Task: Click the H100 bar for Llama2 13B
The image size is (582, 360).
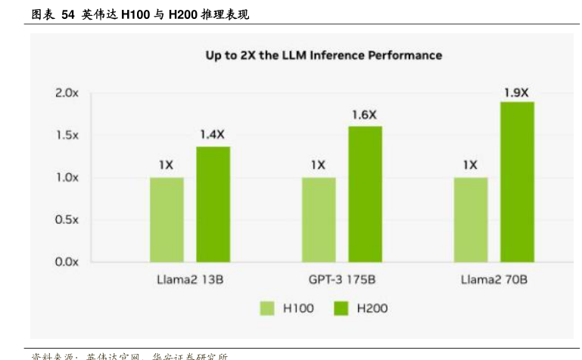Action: pyautogui.click(x=167, y=219)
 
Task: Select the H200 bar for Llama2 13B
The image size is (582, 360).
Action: pyautogui.click(x=213, y=204)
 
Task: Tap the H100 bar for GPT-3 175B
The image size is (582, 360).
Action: pyautogui.click(x=319, y=219)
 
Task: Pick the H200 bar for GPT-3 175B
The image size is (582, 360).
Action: pyautogui.click(x=365, y=194)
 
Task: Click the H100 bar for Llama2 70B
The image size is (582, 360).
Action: pyautogui.click(x=471, y=219)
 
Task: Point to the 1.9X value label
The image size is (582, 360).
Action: pyautogui.click(x=516, y=92)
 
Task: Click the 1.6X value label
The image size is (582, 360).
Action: pyautogui.click(x=364, y=115)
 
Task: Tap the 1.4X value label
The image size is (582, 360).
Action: pyautogui.click(x=213, y=135)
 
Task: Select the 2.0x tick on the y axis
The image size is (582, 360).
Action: pyautogui.click(x=67, y=92)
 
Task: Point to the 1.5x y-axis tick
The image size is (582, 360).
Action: pyautogui.click(x=67, y=135)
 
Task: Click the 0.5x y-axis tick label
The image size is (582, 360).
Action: pyautogui.click(x=67, y=219)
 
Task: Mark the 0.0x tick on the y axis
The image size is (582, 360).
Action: pyautogui.click(x=67, y=262)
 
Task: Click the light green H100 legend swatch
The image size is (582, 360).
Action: pyautogui.click(x=268, y=308)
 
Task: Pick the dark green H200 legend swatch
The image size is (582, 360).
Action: pyautogui.click(x=341, y=308)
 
